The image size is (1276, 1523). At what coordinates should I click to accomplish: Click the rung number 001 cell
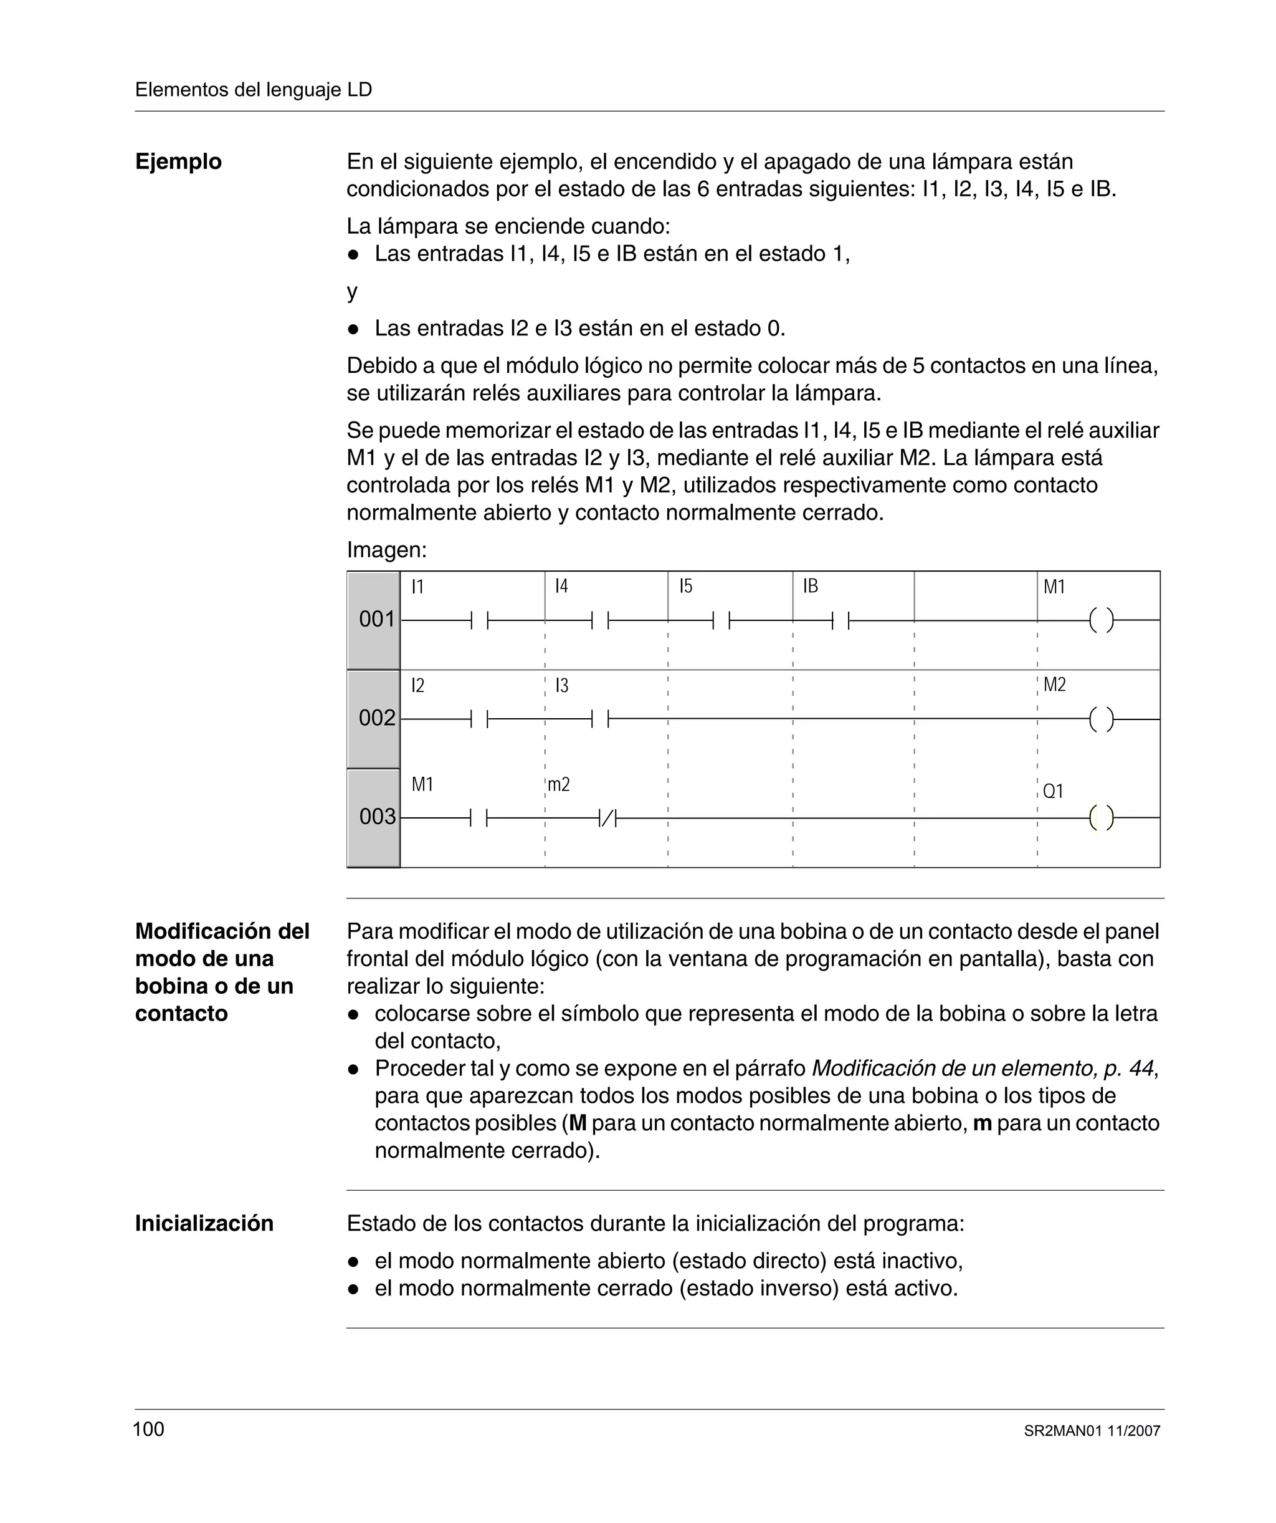(x=374, y=620)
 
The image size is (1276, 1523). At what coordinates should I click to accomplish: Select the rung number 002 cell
(x=374, y=719)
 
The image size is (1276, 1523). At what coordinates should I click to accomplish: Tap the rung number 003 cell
(x=374, y=817)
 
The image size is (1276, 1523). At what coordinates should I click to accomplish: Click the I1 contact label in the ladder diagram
(x=417, y=587)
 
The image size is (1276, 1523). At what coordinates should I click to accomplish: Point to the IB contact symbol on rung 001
(x=840, y=621)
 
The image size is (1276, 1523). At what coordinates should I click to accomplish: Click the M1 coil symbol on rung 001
(x=1102, y=621)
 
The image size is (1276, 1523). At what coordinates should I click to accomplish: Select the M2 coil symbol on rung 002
(x=1102, y=719)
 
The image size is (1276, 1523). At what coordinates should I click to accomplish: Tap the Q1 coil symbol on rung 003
(x=1102, y=818)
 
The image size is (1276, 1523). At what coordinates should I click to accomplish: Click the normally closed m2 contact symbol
(x=607, y=819)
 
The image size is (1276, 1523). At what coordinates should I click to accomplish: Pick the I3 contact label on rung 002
(x=562, y=685)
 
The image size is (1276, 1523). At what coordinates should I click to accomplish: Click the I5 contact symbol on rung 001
(x=721, y=621)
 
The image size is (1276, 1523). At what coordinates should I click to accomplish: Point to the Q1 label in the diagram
(x=1053, y=791)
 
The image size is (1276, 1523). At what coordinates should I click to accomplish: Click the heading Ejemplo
(x=178, y=161)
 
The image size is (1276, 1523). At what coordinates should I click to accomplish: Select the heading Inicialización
(x=204, y=1224)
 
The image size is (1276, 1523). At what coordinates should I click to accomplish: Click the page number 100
(x=149, y=1429)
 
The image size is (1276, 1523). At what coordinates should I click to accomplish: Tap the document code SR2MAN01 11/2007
(x=1092, y=1431)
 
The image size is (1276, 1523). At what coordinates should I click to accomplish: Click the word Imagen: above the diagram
(x=386, y=550)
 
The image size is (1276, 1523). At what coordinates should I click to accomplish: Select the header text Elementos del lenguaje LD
(x=254, y=90)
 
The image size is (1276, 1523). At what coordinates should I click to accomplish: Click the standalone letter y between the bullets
(x=353, y=292)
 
